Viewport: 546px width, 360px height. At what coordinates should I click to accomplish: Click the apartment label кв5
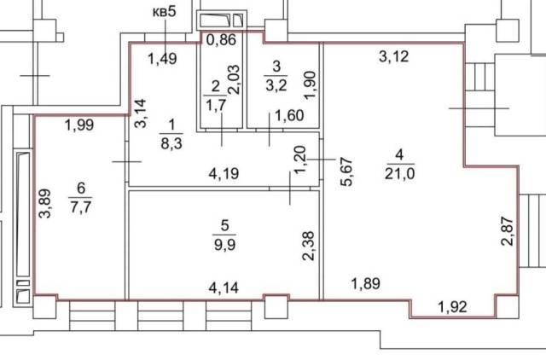pos(165,12)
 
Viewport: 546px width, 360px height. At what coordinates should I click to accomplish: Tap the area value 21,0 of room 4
pos(399,173)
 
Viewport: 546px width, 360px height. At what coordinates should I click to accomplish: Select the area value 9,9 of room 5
pos(224,245)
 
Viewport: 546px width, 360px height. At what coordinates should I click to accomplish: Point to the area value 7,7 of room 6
pos(80,207)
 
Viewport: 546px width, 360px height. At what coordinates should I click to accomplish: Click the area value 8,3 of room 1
pos(171,143)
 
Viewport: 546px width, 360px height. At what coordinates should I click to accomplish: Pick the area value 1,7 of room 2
pos(216,104)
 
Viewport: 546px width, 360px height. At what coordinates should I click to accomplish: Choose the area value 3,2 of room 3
pos(276,84)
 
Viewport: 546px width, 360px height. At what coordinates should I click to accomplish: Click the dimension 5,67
pos(347,172)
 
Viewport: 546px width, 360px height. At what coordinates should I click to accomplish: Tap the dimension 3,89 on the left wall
pos(45,203)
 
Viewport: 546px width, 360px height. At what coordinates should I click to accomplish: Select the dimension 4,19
pos(224,173)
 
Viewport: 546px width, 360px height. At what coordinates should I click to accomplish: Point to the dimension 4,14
pos(224,287)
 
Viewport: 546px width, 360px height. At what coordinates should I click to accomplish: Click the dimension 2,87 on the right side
pos(507,231)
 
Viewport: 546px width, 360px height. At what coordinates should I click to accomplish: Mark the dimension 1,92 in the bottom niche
pos(452,307)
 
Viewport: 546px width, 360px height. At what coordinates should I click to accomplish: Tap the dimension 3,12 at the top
pos(393,56)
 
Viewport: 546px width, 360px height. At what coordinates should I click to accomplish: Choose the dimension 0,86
pos(221,40)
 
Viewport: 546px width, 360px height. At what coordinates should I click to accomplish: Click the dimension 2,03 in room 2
pos(234,79)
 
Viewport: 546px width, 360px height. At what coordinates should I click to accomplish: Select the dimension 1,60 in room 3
pos(289,115)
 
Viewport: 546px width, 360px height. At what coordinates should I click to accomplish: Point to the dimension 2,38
pos(309,246)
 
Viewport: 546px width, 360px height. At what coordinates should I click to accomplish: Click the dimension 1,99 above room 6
pos(79,125)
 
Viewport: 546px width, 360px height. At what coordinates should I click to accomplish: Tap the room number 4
pos(399,154)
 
